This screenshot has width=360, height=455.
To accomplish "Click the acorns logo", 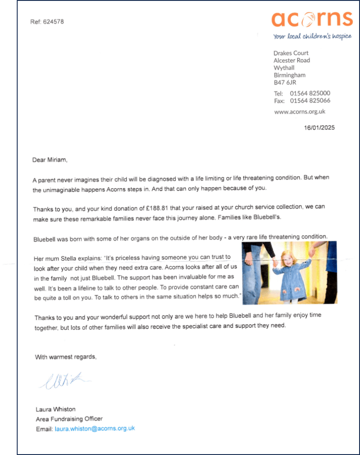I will click(311, 19).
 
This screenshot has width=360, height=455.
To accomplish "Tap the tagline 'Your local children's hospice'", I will click(312, 36).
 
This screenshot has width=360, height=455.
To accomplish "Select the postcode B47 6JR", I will click(285, 82).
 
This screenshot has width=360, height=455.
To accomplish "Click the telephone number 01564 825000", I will click(310, 93).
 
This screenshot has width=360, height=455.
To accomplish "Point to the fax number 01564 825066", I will click(310, 101).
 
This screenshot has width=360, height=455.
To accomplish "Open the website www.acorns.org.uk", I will click(299, 112).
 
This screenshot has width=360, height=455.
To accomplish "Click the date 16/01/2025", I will click(319, 128).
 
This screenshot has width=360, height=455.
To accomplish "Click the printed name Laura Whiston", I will click(56, 409).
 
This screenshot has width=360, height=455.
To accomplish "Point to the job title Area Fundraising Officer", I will click(69, 419).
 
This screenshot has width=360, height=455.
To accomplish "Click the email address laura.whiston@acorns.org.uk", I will click(94, 429).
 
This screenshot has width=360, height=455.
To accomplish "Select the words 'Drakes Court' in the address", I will click(291, 53).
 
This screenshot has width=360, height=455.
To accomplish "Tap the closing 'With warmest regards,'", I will click(65, 357).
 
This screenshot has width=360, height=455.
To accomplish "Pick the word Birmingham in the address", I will click(289, 75).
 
